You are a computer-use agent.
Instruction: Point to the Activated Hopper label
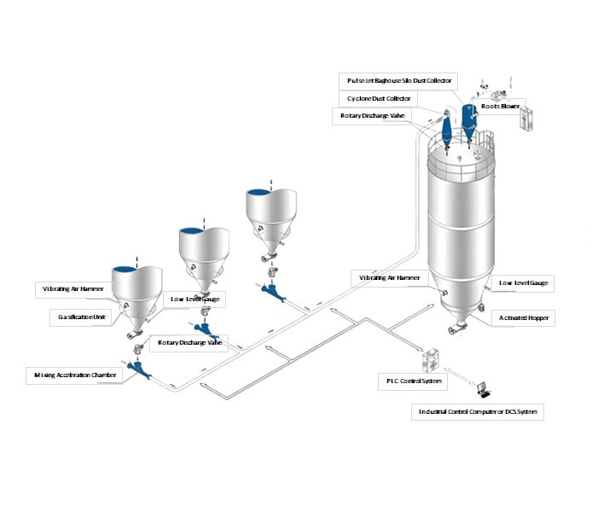click(x=523, y=317)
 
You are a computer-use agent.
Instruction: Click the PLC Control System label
click(x=409, y=381)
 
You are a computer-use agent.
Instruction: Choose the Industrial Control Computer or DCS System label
click(x=479, y=411)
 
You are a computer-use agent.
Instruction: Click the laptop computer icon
click(x=485, y=389)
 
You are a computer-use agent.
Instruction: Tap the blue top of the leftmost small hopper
click(x=137, y=270)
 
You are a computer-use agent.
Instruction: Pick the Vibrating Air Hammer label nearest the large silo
click(x=389, y=277)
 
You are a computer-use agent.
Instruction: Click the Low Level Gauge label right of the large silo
click(x=524, y=281)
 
